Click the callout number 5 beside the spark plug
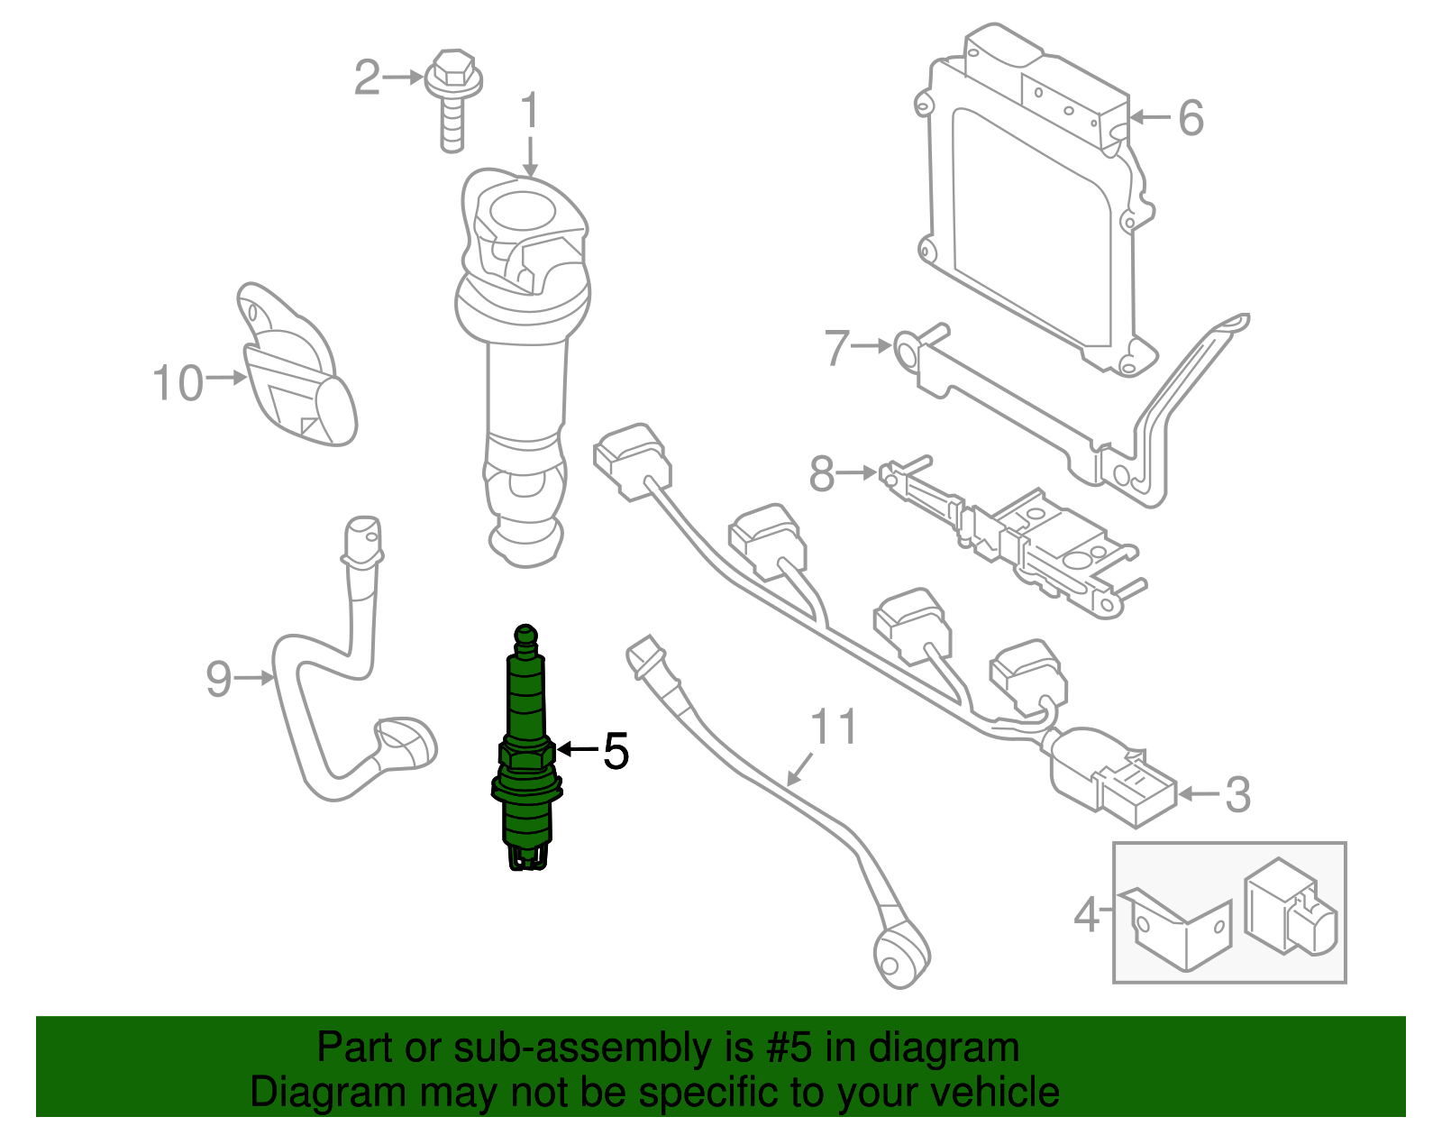pyautogui.click(x=616, y=751)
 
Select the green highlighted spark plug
pyautogui.click(x=526, y=748)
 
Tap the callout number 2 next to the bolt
pyautogui.click(x=367, y=78)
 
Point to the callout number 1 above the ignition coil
pyautogui.click(x=530, y=112)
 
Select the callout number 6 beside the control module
pyautogui.click(x=1191, y=118)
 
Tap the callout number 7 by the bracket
pyautogui.click(x=837, y=348)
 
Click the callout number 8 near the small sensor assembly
pyautogui.click(x=822, y=473)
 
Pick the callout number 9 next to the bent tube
pyautogui.click(x=219, y=678)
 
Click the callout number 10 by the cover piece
pyautogui.click(x=178, y=383)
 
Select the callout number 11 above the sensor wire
pyautogui.click(x=834, y=727)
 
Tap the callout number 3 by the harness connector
pyautogui.click(x=1237, y=795)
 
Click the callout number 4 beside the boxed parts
pyautogui.click(x=1087, y=914)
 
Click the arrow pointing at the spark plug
pyautogui.click(x=578, y=749)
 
